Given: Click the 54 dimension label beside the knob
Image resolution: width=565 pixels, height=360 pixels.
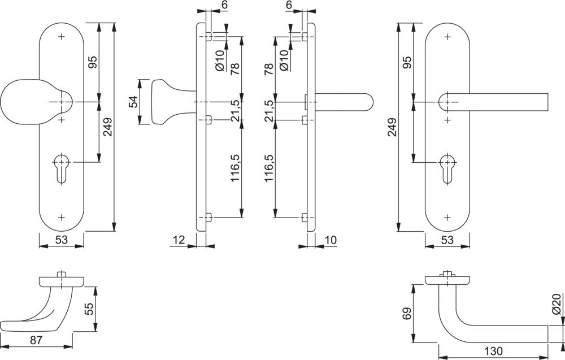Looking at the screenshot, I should (133, 102).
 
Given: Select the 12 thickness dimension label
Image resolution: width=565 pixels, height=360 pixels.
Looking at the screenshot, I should (179, 240).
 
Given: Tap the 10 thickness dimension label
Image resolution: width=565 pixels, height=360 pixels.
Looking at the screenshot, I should (331, 240).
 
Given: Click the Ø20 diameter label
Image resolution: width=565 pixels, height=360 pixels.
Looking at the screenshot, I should (556, 304).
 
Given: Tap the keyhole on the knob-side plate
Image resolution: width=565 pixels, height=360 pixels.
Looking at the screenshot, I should (62, 168).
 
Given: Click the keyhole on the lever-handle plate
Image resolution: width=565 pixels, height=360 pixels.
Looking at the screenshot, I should (447, 168).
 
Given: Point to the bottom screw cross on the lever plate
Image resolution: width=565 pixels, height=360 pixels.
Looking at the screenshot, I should (447, 217).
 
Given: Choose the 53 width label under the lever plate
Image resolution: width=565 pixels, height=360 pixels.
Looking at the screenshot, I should (447, 240).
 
